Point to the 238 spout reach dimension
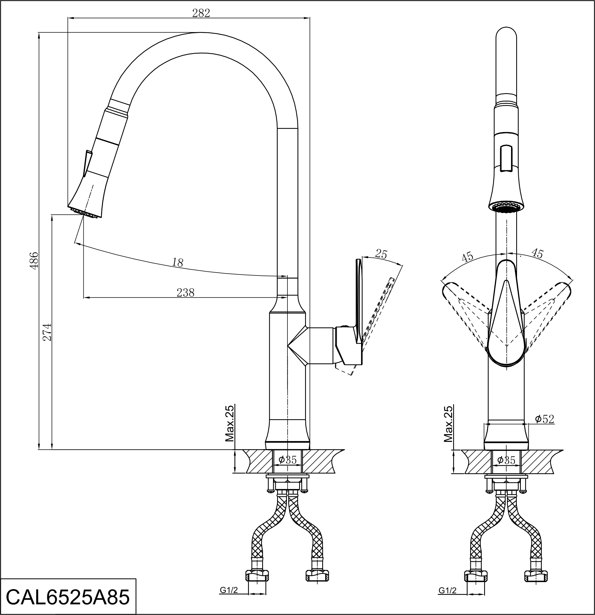click(x=186, y=293)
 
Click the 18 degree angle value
click(x=178, y=262)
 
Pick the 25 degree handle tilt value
click(x=381, y=254)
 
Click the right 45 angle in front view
click(x=537, y=253)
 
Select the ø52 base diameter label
click(x=544, y=419)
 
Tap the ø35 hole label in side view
click(x=287, y=460)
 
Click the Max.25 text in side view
click(x=230, y=423)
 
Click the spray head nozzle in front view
click(x=506, y=208)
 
